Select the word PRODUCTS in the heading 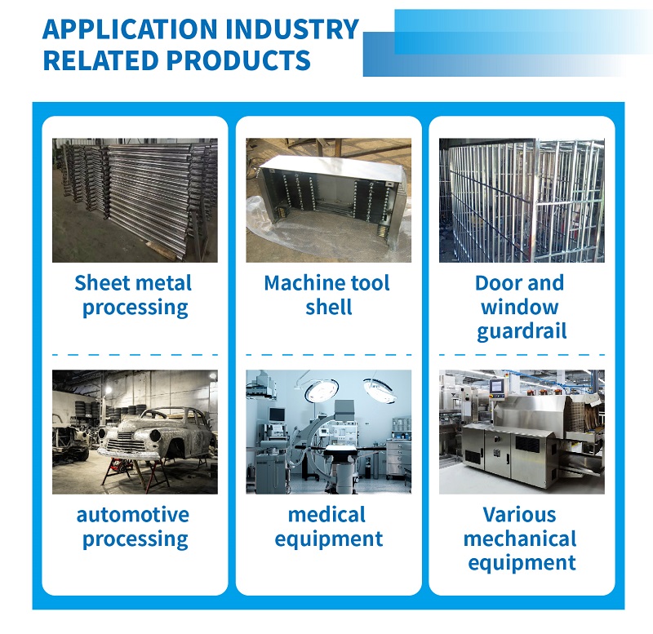coord(238,60)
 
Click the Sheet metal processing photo coord(135,200)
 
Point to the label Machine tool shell coord(327,295)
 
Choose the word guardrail coord(522,332)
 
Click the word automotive coord(133,515)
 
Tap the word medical coord(327,515)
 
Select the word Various coord(519,515)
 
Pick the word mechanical coord(520,539)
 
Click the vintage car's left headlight coord(102,433)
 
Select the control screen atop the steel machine coord(496,387)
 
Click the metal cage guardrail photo coord(522,200)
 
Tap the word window coord(519,308)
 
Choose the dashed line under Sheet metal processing coord(135,355)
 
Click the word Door coord(495,283)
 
